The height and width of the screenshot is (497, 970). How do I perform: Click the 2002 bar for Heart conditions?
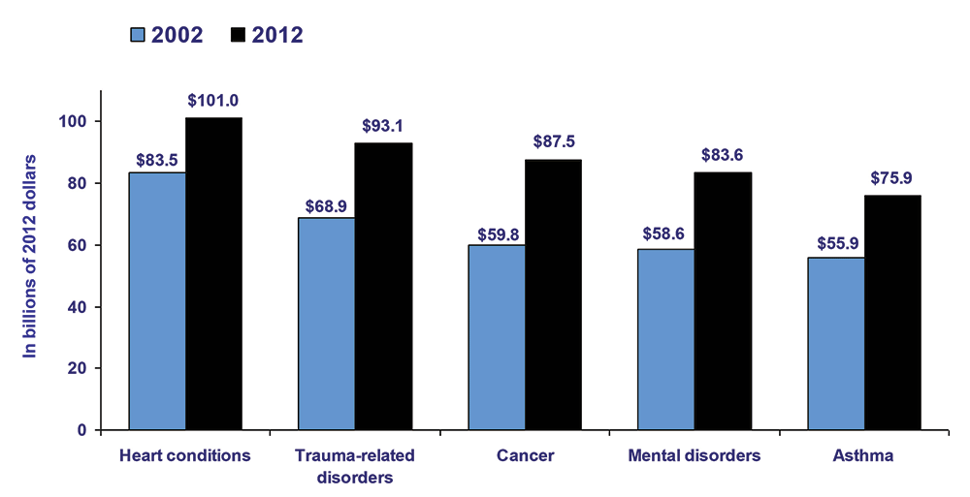tap(157, 300)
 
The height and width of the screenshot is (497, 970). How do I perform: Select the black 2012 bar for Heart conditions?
tap(213, 273)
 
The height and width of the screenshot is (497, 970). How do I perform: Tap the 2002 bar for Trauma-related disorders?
tap(327, 323)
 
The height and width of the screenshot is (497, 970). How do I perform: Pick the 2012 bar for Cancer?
tap(553, 295)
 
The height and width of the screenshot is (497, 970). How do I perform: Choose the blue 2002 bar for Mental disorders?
tap(665, 339)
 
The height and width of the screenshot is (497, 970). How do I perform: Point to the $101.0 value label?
tap(214, 100)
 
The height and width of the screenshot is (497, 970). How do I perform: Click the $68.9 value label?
tap(326, 201)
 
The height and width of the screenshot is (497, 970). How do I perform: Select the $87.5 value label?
tap(554, 141)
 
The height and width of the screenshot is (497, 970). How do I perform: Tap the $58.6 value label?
tap(666, 233)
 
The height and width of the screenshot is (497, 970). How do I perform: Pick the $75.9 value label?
tap(892, 177)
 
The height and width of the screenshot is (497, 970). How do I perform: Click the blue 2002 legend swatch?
tap(137, 35)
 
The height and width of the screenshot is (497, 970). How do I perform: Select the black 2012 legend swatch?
tap(238, 35)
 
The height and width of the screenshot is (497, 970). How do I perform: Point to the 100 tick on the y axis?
tap(77, 122)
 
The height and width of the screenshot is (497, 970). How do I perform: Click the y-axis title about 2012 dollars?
tap(30, 255)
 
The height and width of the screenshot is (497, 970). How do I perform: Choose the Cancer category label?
tap(525, 455)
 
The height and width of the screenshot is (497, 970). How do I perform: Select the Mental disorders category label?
tap(695, 455)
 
